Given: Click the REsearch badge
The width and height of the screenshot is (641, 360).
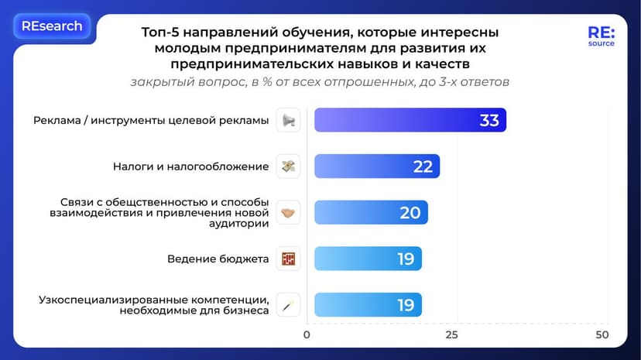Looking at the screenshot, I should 52,26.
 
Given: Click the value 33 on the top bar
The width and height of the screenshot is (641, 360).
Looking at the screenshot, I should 488,120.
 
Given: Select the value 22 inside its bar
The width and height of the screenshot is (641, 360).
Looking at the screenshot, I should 422,166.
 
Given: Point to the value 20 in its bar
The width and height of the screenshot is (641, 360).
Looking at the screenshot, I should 410,213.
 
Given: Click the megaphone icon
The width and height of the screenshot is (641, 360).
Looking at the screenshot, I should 288,120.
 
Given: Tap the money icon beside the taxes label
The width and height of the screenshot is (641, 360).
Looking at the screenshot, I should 288,166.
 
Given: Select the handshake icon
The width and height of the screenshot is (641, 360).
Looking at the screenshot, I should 288,213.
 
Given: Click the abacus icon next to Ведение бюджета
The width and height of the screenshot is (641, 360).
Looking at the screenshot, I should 288,259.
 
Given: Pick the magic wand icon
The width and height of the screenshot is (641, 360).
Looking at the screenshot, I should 288,305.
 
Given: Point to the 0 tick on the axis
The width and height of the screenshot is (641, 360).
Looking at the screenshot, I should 307,335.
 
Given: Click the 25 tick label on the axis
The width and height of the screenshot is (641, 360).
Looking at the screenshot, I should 451,335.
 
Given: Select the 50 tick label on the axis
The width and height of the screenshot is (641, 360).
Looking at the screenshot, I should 602,335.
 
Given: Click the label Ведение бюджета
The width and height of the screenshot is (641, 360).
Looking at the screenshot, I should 218,259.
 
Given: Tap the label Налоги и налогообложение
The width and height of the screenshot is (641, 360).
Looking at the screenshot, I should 190,166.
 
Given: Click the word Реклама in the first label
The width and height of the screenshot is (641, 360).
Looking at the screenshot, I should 59,120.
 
